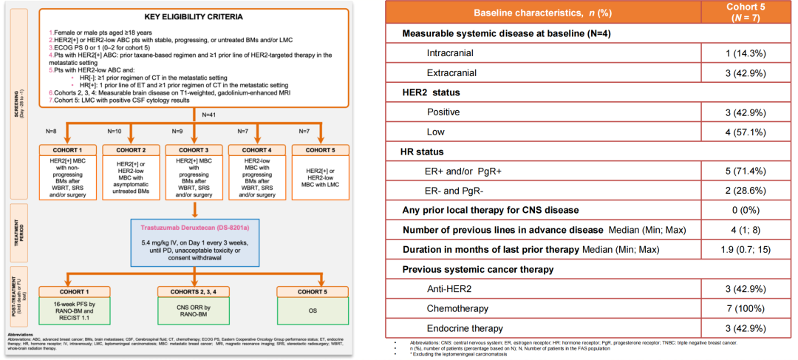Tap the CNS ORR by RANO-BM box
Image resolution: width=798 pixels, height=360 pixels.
pyautogui.click(x=194, y=310)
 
